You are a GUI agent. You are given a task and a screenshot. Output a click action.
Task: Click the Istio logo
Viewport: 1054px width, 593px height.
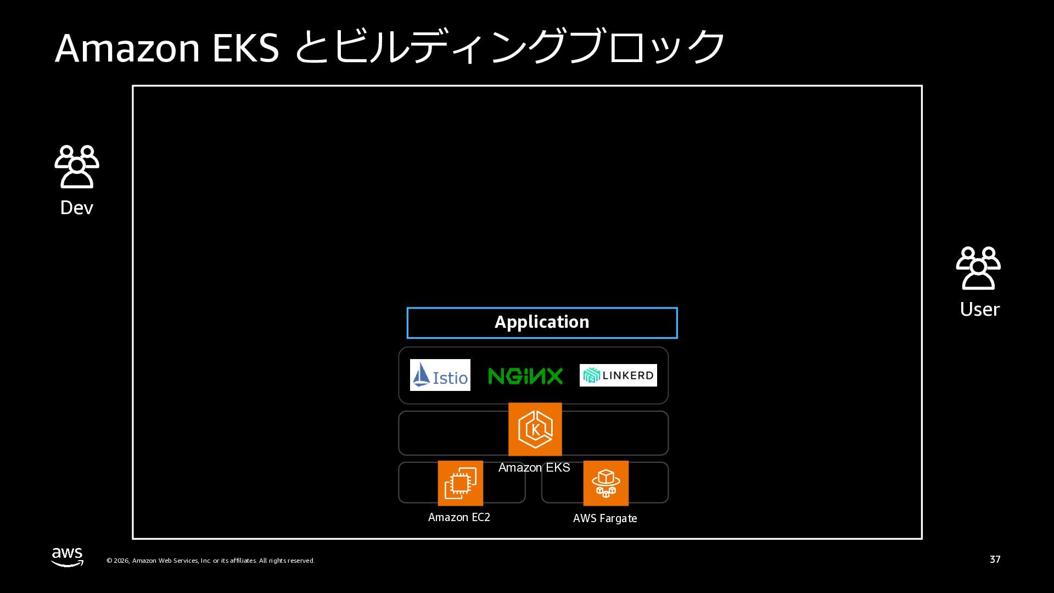[440, 375]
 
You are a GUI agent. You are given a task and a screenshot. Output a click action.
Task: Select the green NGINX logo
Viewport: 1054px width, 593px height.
[525, 376]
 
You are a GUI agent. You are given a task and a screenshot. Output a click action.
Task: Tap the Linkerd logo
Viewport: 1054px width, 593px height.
[618, 375]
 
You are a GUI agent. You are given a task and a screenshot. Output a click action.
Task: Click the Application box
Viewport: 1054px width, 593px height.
[542, 323]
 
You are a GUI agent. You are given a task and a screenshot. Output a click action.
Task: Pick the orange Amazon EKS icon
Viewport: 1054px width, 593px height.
[535, 429]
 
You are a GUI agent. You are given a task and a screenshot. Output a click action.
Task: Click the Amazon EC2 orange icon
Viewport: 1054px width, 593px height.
[460, 483]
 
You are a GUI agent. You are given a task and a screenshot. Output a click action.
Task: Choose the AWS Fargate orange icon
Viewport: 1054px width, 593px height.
[606, 483]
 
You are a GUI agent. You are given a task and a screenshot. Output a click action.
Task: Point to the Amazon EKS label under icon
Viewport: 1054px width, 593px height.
[534, 467]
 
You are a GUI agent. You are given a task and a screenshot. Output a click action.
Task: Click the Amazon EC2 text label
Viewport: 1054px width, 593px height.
[459, 517]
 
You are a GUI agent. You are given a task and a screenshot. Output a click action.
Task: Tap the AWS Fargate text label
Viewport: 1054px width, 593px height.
[605, 518]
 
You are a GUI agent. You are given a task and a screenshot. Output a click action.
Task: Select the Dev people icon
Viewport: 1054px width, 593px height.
[77, 166]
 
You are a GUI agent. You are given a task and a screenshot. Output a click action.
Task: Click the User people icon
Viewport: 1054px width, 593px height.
[978, 268]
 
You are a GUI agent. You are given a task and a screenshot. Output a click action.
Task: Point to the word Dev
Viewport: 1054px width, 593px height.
[77, 208]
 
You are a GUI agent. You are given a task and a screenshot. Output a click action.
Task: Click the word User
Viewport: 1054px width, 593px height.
[979, 309]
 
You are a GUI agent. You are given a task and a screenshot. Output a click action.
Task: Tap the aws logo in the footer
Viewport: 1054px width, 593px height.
[68, 557]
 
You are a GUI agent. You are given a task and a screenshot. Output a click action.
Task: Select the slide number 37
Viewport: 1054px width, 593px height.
[995, 560]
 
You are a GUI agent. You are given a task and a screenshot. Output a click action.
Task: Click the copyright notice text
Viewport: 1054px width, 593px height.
[210, 561]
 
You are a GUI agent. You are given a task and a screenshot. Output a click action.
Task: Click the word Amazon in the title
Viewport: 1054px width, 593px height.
[127, 48]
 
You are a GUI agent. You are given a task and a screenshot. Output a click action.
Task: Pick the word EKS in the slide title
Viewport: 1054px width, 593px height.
[245, 48]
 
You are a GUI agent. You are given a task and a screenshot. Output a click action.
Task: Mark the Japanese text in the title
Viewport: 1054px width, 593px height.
[509, 47]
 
